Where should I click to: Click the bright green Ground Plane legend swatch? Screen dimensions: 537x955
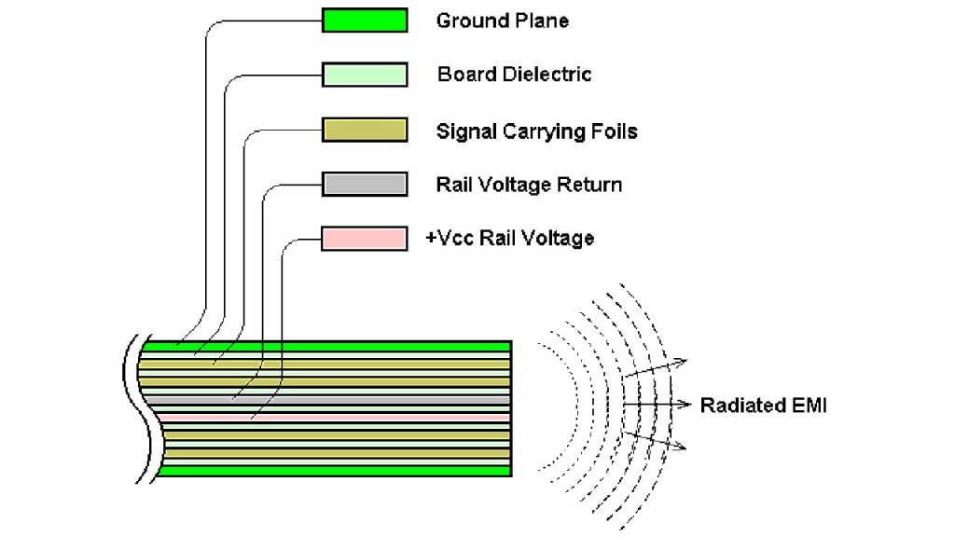[x=365, y=21]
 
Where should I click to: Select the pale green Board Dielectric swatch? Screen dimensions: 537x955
[x=365, y=75]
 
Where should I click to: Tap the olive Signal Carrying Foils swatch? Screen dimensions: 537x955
[x=365, y=130]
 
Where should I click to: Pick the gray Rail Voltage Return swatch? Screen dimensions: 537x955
[x=365, y=184]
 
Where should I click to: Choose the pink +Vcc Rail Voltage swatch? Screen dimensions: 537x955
[x=365, y=238]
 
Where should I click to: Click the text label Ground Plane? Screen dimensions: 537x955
[x=502, y=21]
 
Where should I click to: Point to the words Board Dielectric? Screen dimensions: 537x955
[x=514, y=75]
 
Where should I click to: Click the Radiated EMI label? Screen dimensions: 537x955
[x=763, y=406]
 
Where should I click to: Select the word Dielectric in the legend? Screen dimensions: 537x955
[x=547, y=75]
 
